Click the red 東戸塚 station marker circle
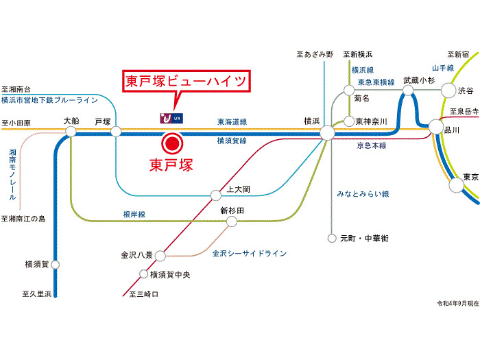[x=170, y=144]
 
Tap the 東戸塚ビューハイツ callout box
[x=185, y=82]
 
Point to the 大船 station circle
[x=72, y=132]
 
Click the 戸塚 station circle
[x=115, y=132]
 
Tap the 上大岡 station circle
[x=215, y=194]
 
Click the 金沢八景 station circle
[x=160, y=256]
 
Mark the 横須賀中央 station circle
[x=143, y=275]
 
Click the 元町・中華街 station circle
[x=333, y=239]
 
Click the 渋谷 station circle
[x=448, y=90]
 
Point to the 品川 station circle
[x=435, y=126]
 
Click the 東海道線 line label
[x=232, y=121]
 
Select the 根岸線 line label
[x=134, y=215]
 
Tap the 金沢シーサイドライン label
[x=249, y=254]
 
